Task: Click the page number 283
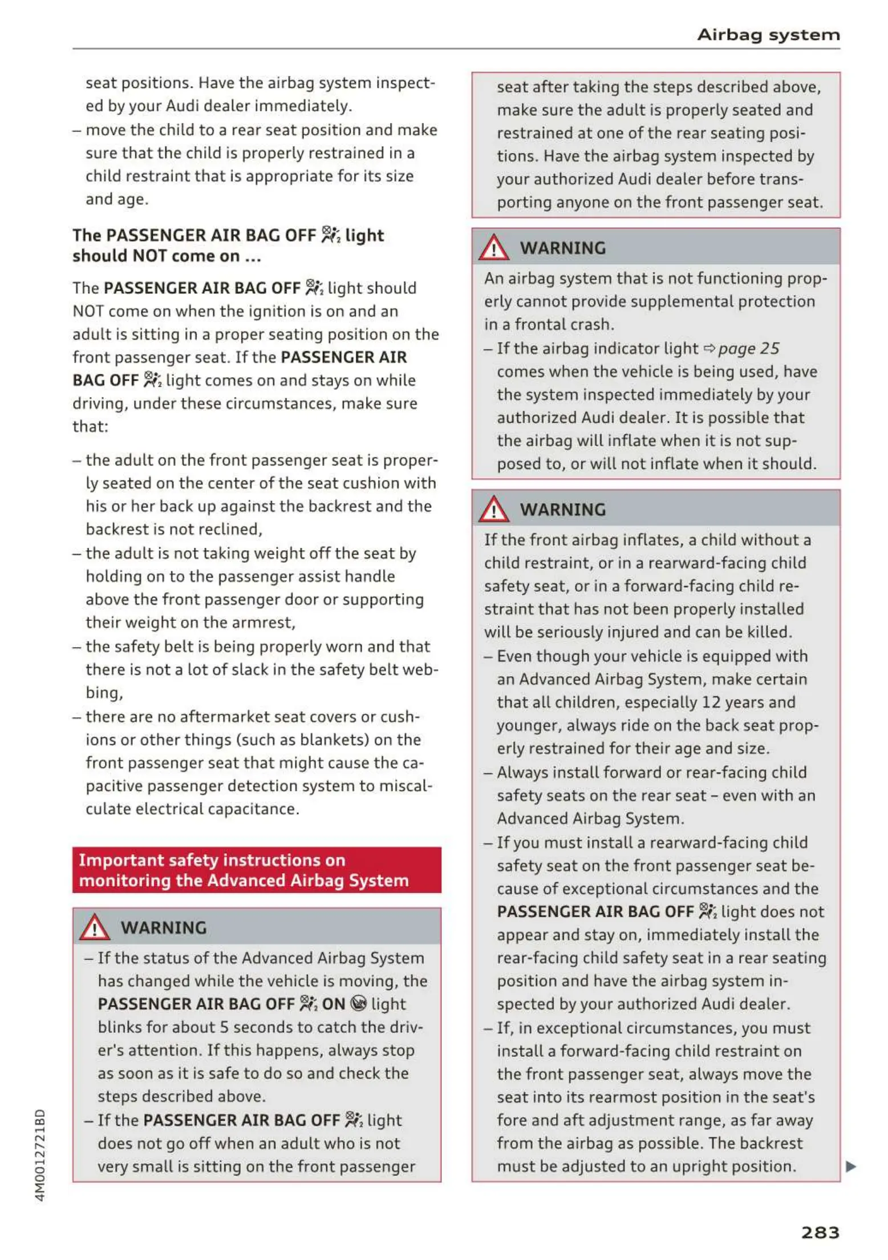[x=820, y=1233]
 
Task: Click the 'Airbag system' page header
[x=768, y=35]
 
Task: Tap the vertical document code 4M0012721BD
[x=40, y=1155]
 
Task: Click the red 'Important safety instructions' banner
[x=257, y=870]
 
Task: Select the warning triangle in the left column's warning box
[x=94, y=927]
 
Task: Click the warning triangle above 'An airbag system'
[x=493, y=248]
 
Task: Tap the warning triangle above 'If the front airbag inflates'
[x=493, y=509]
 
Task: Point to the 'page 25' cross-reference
[x=748, y=348]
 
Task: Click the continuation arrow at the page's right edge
[x=850, y=1166]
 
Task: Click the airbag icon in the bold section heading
[x=330, y=235]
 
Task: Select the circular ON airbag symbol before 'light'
[x=358, y=1004]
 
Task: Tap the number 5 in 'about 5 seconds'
[x=224, y=1027]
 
